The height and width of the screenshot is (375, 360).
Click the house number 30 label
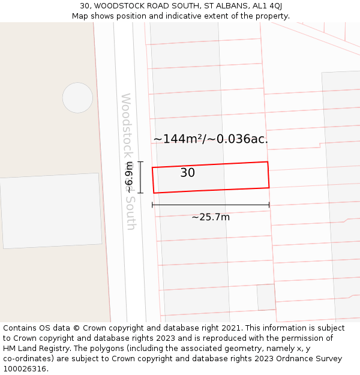[x=187, y=173]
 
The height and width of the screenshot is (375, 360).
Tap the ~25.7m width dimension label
[x=211, y=217]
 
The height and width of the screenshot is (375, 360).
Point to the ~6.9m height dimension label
[x=129, y=178]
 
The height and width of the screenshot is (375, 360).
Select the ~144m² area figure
[x=178, y=139]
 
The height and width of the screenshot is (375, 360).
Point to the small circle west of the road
[x=78, y=98]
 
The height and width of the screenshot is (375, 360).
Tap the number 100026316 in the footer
[x=24, y=368]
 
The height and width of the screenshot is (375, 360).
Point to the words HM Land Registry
[x=31, y=349]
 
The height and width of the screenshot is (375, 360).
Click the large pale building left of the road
[x=51, y=211]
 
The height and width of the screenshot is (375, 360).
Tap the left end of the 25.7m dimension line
[x=152, y=205]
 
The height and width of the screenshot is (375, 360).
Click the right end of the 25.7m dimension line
[x=269, y=205]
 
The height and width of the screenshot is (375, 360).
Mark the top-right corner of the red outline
[x=267, y=162]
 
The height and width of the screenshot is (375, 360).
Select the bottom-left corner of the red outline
[x=154, y=193]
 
